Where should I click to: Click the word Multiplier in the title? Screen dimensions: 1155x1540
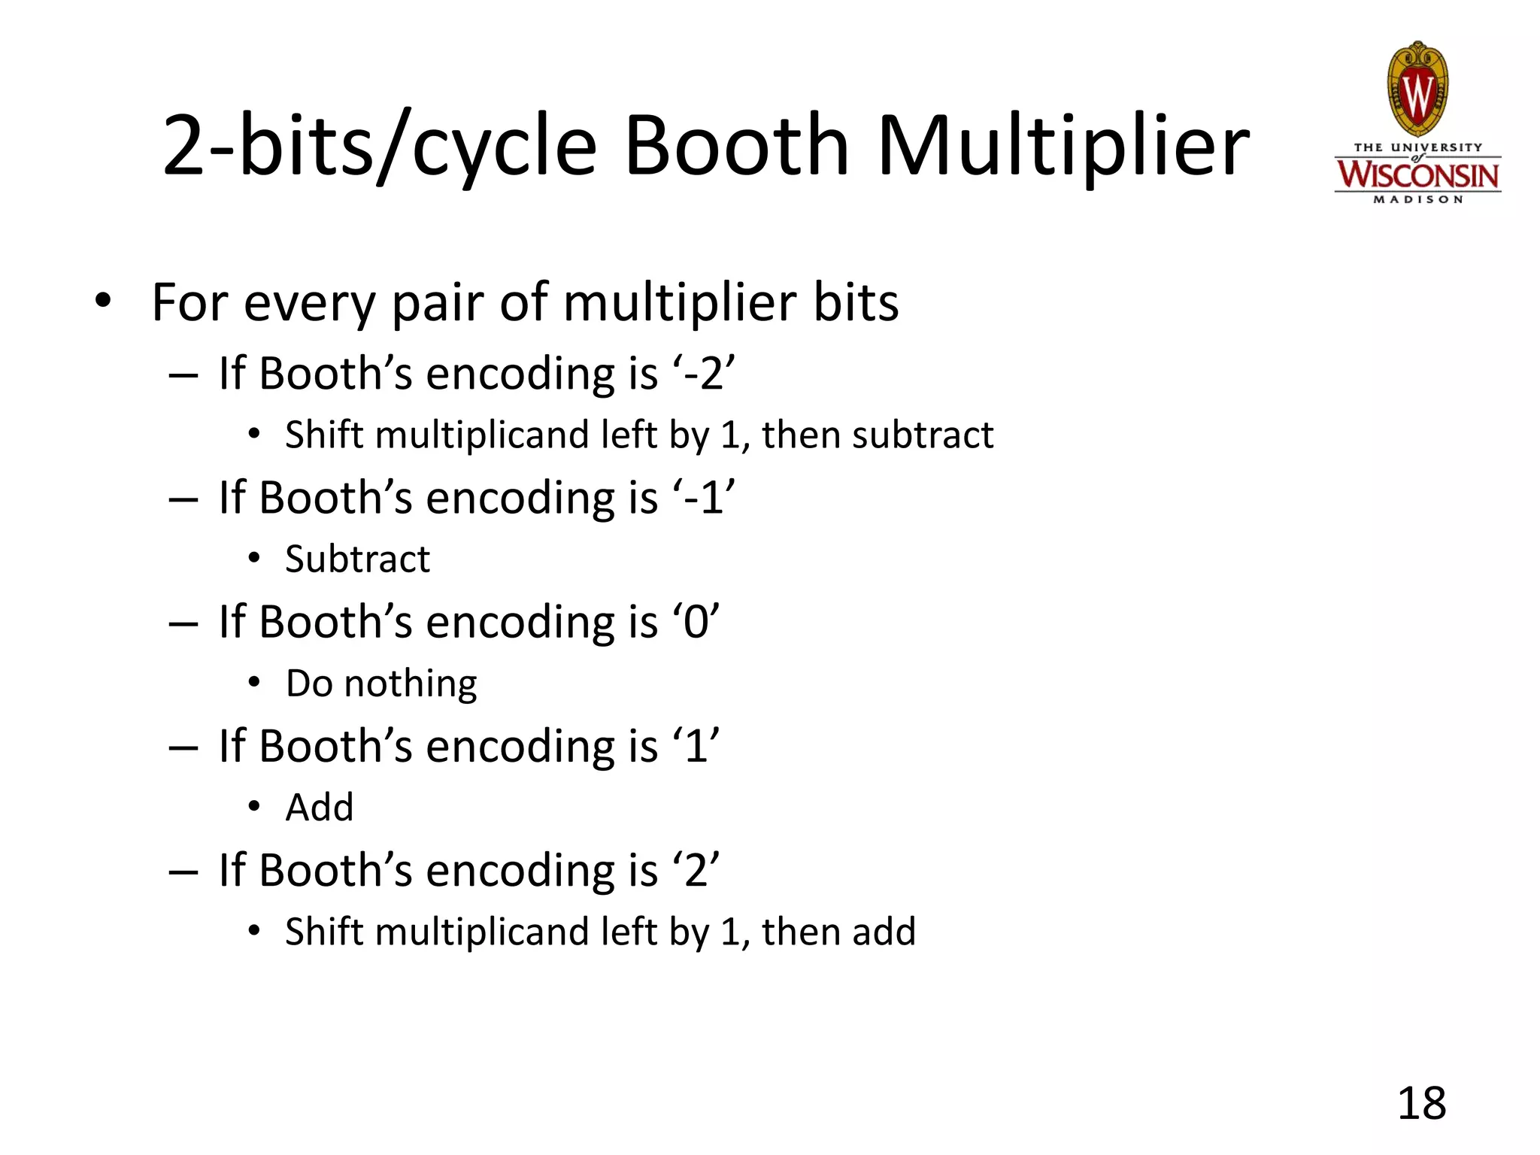1063,147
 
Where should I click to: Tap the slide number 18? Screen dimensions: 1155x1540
1421,1104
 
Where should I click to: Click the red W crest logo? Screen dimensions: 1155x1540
1417,90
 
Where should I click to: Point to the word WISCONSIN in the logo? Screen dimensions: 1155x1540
1417,175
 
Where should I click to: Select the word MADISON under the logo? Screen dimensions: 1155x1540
1417,200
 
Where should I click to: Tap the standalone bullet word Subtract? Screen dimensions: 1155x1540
357,559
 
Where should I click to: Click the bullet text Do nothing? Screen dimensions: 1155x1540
381,684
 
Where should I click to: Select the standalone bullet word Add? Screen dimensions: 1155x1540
320,808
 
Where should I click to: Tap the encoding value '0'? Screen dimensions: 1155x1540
696,622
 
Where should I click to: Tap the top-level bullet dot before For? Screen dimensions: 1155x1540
103,301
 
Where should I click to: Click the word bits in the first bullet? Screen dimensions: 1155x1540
856,302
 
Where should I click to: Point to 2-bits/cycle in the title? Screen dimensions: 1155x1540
380,147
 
